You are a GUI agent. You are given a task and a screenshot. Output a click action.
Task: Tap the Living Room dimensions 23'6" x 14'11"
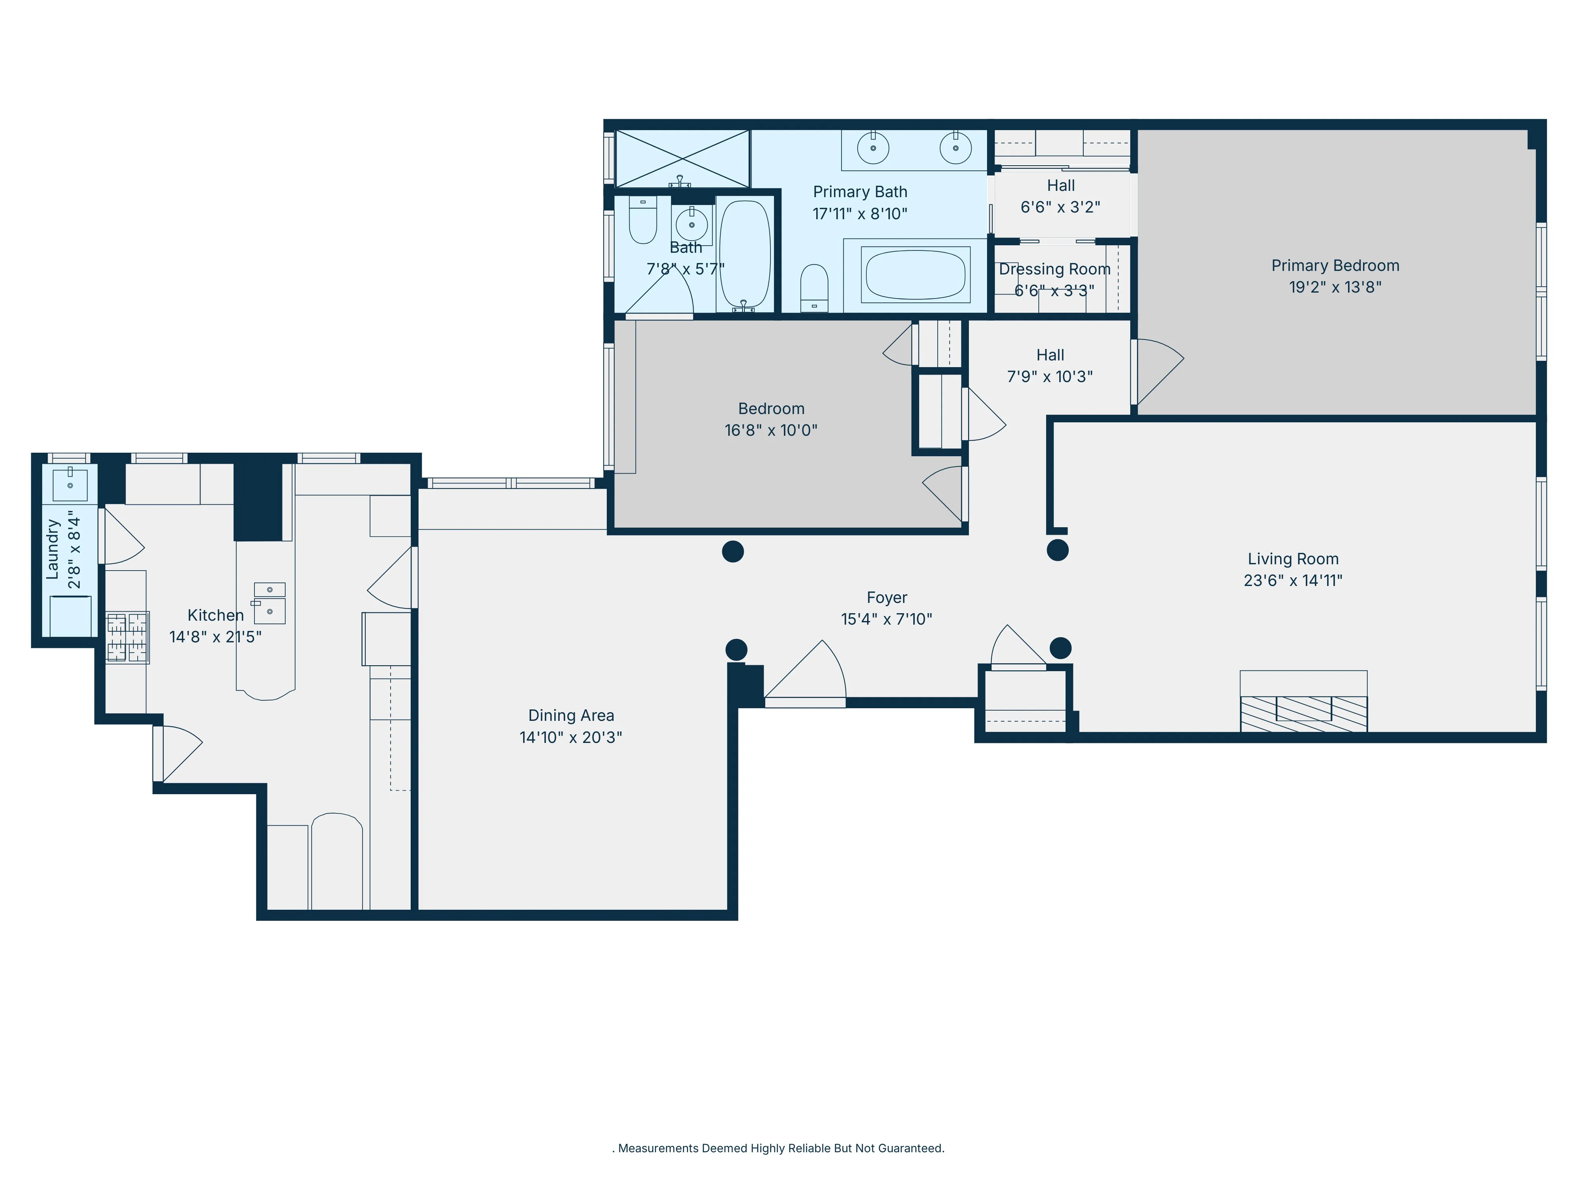click(x=1293, y=580)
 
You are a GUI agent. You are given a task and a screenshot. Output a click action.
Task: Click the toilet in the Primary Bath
click(x=814, y=288)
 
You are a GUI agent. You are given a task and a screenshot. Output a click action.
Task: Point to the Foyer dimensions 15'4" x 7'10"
click(x=886, y=619)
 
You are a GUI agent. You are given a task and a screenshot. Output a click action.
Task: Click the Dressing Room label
click(x=1054, y=270)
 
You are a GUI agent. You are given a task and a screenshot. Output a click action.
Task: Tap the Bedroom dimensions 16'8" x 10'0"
click(x=770, y=430)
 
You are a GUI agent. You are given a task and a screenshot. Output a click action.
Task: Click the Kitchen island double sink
click(x=270, y=603)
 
